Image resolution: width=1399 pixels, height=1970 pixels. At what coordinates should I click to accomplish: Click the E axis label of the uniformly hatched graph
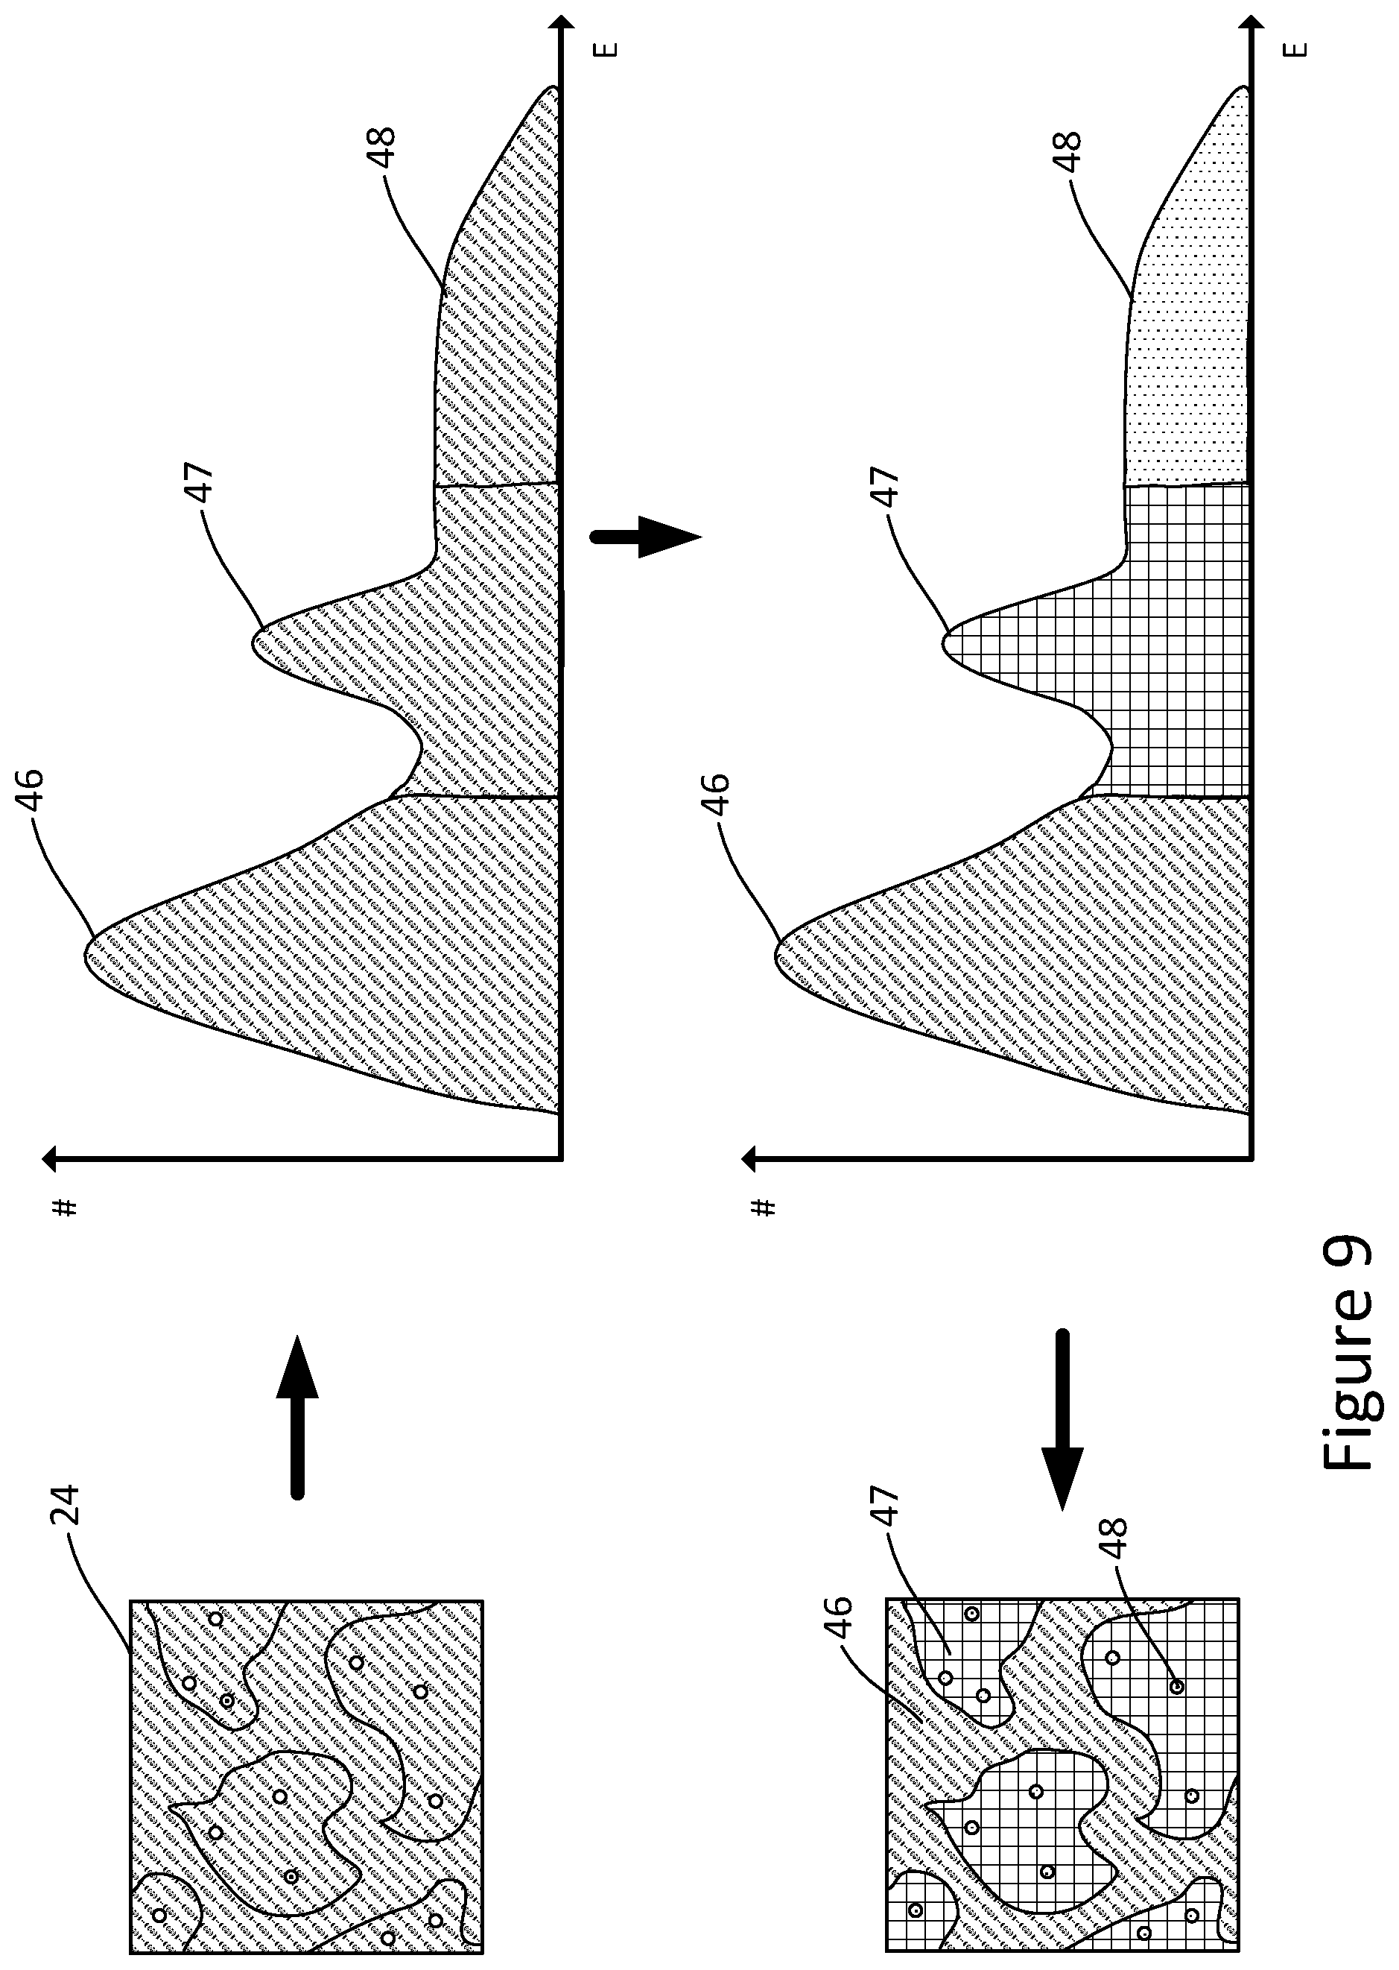tap(606, 49)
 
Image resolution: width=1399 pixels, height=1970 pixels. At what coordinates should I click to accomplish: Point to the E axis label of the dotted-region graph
tap(1299, 49)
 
